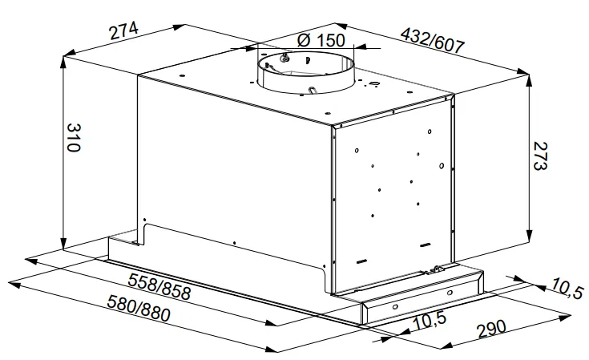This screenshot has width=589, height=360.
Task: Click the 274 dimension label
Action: point(123,31)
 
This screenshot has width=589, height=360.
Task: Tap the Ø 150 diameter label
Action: point(321,40)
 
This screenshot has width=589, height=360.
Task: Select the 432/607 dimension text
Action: point(433,40)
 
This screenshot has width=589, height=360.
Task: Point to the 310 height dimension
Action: point(73,137)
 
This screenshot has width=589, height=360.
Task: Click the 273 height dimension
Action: point(540,156)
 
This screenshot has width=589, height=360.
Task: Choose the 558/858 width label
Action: point(159,286)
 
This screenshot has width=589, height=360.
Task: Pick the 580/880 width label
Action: point(139,308)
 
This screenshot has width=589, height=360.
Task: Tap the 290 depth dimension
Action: point(491,329)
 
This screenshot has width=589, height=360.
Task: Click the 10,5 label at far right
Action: point(567,288)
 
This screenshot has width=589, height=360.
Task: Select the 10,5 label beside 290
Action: point(430,322)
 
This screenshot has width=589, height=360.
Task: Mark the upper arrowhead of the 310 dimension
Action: point(64,63)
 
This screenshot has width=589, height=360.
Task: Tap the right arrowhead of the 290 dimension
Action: point(565,318)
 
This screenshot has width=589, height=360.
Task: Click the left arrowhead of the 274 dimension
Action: point(71,53)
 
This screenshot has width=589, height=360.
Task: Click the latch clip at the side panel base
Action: point(437,269)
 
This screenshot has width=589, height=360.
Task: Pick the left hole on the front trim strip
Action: point(395,307)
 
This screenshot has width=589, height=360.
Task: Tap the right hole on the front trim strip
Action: point(450,293)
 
